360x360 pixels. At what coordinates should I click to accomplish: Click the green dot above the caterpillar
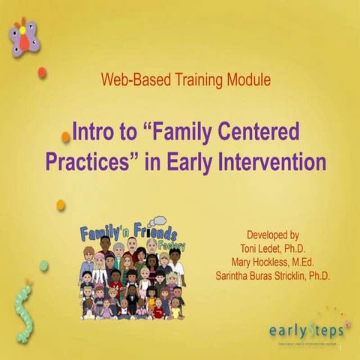[x=43, y=265]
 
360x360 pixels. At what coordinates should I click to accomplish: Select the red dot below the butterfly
[x=42, y=73]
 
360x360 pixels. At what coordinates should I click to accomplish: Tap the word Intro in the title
[x=94, y=133]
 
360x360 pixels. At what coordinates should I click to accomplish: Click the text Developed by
[x=273, y=234]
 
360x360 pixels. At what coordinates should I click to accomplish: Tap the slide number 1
[x=340, y=350]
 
